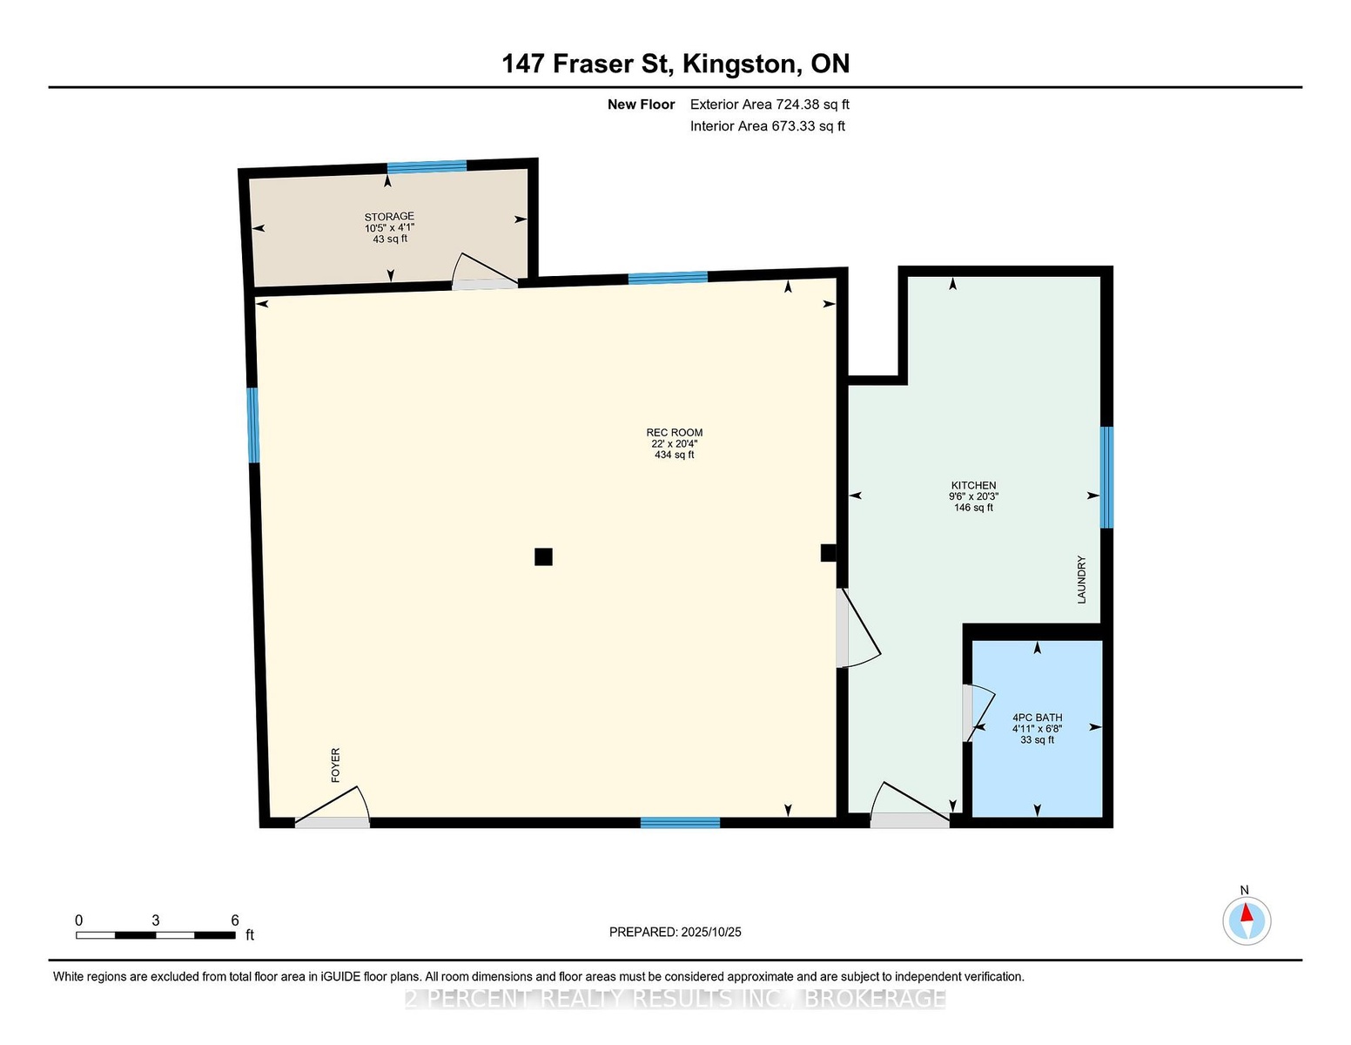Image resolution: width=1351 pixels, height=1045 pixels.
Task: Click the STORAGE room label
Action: [x=389, y=217]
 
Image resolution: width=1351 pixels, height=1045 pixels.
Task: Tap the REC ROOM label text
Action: [x=675, y=433]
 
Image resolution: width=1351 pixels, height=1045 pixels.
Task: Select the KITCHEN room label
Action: [x=973, y=486]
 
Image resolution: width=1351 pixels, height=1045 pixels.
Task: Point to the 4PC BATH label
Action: [x=1037, y=718]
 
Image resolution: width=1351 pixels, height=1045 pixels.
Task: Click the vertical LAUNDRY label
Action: [x=1081, y=579]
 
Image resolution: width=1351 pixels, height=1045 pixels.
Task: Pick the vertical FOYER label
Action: [x=336, y=765]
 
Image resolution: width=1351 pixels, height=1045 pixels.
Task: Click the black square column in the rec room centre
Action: [x=543, y=556]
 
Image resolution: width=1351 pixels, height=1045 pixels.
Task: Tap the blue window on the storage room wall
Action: [x=427, y=166]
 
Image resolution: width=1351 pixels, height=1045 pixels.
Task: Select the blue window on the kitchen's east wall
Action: [x=1106, y=477]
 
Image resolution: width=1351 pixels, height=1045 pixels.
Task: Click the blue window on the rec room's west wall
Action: [x=252, y=425]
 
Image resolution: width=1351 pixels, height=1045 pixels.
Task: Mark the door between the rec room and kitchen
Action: [x=858, y=628]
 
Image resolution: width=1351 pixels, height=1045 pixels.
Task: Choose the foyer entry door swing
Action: [x=333, y=807]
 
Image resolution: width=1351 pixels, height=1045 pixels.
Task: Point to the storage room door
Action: [x=485, y=272]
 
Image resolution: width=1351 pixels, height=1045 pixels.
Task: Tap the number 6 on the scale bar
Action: [x=235, y=920]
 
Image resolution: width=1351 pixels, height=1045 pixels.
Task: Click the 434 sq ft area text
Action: [x=675, y=455]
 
